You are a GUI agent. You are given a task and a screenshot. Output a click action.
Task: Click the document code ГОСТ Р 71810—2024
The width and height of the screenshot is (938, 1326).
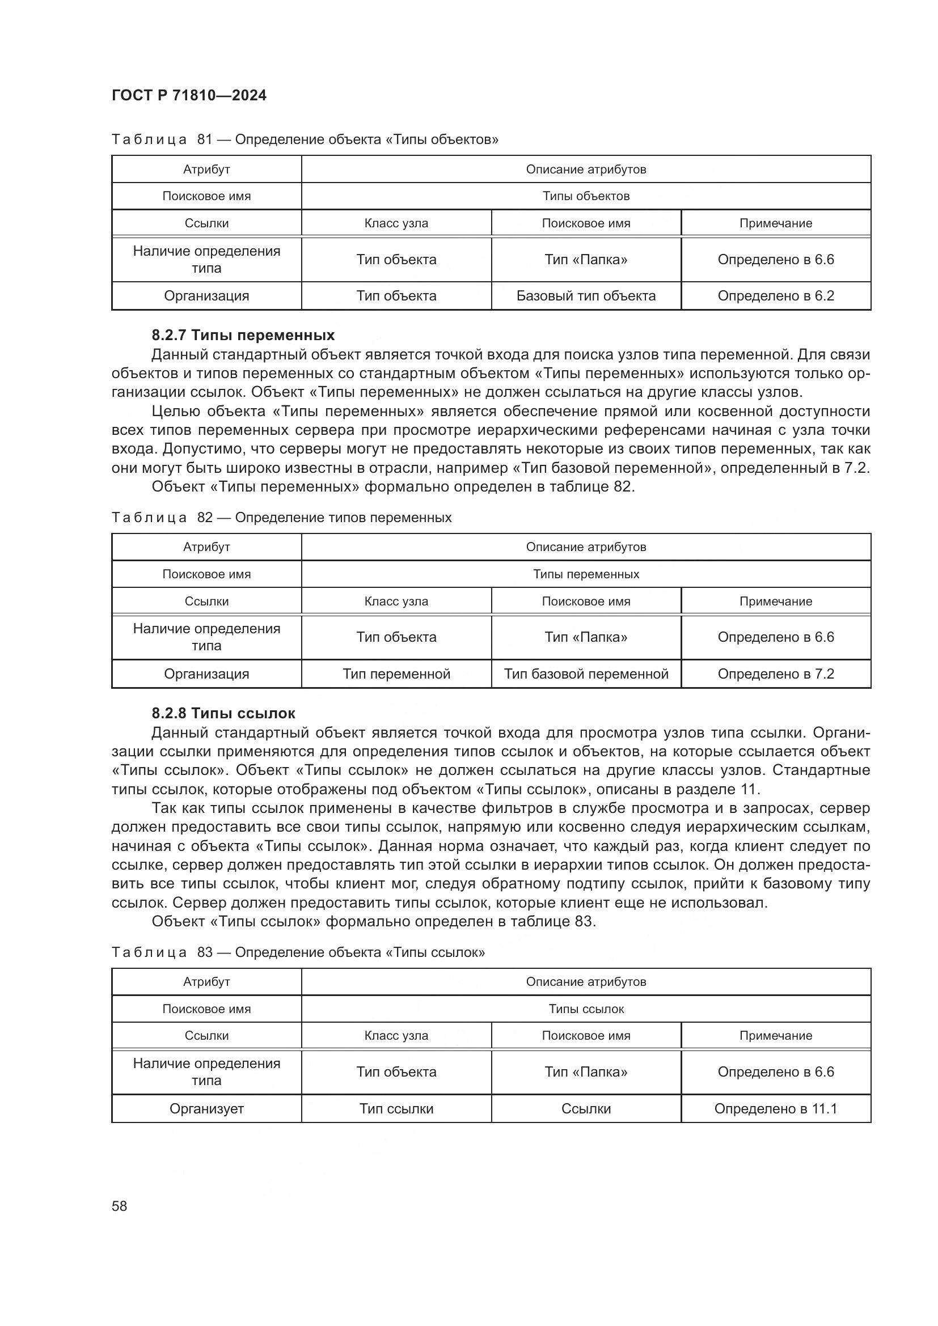189,95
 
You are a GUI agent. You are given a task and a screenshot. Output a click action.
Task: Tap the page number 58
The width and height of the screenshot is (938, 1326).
120,1206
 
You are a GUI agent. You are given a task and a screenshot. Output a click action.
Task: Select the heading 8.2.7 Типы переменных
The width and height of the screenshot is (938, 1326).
243,335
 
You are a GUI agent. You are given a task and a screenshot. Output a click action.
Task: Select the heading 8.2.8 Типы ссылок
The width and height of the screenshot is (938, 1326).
223,713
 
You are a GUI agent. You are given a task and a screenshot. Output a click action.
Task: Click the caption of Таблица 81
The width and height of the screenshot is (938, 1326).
305,139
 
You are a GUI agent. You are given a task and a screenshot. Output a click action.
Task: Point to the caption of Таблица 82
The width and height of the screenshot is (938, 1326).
281,518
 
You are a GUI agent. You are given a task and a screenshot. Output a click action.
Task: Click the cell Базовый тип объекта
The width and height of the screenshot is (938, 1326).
586,296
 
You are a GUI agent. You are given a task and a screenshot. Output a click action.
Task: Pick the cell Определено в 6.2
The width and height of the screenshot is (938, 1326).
776,296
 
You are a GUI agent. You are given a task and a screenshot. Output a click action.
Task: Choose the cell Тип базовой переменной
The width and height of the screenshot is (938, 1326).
586,674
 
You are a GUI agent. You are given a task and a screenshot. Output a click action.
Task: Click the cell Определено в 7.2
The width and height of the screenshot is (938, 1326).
776,674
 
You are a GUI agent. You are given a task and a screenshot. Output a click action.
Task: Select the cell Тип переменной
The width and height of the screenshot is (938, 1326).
396,674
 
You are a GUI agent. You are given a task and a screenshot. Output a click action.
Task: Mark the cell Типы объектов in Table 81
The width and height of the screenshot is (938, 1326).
586,196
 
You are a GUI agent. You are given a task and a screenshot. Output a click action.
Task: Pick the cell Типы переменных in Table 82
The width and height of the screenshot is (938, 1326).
586,574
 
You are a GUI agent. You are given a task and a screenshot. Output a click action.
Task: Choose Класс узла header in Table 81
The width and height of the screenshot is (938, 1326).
396,223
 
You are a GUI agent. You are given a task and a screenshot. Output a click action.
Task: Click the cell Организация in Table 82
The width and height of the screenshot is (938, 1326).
206,674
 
